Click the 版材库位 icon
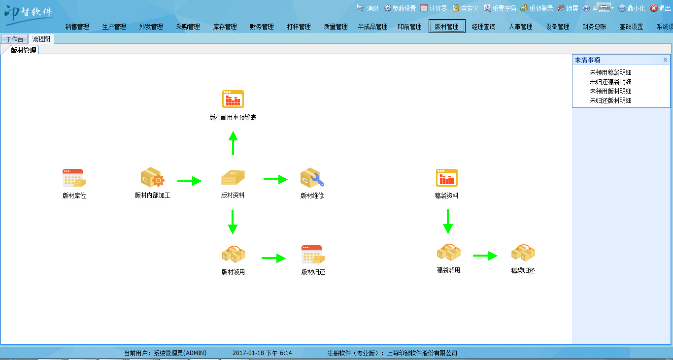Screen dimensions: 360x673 tap(74, 178)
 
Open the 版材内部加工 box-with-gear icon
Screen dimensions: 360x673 tap(152, 178)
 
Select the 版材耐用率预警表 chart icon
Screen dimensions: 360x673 tap(233, 99)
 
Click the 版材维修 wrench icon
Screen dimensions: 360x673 tap(312, 178)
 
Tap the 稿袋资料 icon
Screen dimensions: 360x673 tap(447, 178)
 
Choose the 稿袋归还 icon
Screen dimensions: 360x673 tap(523, 253)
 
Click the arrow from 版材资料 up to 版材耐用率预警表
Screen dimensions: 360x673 tap(233, 143)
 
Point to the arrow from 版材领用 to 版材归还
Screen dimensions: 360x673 tap(273, 258)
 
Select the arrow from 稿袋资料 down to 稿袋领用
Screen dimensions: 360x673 tap(447, 222)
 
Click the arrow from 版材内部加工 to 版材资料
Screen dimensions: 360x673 tap(189, 181)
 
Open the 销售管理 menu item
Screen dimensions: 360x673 tap(77, 27)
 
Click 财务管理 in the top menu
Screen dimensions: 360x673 tap(262, 27)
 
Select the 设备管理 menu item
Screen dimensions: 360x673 tap(557, 27)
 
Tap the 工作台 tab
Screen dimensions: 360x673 tap(14, 39)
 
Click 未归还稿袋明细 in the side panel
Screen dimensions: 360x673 tap(610, 82)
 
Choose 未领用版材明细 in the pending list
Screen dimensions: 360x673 tap(610, 91)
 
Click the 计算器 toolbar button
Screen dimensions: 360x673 tap(434, 8)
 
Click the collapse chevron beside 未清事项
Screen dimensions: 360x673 tap(665, 60)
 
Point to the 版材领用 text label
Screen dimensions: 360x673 tap(233, 272)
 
